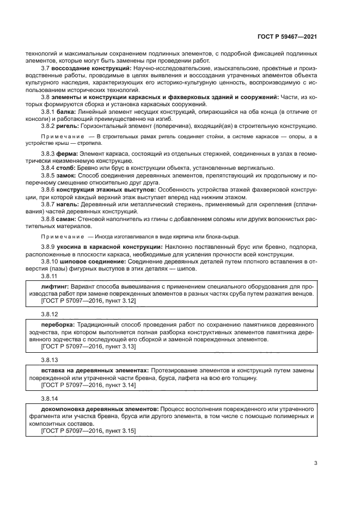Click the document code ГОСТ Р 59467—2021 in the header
tap(287, 36)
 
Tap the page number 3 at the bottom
tap(315, 463)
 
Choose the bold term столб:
tap(66, 168)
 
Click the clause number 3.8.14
tap(50, 398)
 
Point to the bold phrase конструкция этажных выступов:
tap(105, 189)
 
